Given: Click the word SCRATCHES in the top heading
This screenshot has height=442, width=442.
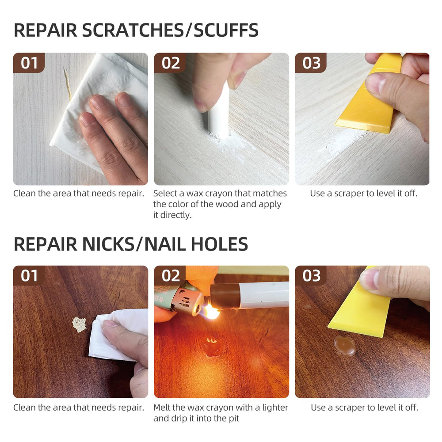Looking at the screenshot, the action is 133,30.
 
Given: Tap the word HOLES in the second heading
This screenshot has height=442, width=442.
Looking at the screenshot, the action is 219,244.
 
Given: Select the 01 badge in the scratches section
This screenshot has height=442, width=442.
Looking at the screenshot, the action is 29,63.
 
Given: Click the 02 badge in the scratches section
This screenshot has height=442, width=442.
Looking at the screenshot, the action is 170,63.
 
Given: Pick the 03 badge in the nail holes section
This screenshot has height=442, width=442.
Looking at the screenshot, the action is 311,276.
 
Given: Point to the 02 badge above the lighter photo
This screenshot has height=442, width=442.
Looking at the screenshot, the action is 170,276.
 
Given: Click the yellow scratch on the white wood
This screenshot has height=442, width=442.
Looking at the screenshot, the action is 68,84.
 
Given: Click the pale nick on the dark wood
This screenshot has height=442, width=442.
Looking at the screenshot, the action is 79,324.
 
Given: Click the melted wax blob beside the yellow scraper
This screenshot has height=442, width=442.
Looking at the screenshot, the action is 345,346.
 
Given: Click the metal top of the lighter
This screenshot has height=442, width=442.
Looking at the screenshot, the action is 188,301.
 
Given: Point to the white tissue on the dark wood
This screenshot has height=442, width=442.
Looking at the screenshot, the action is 118,335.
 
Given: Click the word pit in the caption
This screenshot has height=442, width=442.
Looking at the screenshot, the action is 234,419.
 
